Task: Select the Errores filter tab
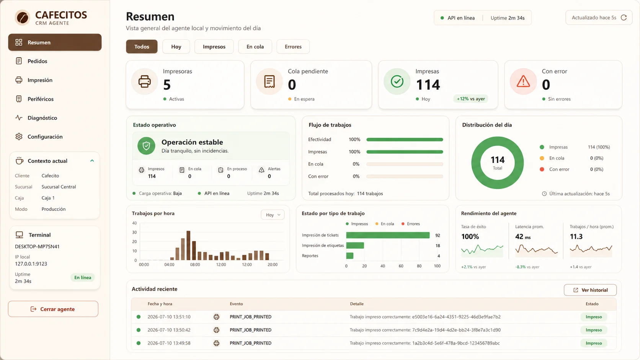[293, 47]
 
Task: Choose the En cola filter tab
[255, 47]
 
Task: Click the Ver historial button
[590, 290]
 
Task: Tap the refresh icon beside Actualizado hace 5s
[624, 18]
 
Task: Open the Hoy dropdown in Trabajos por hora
[273, 215]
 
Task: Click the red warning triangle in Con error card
[523, 81]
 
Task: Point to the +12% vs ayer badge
[470, 99]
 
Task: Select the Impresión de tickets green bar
[388, 235]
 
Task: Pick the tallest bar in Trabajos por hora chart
[188, 245]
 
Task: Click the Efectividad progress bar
[405, 140]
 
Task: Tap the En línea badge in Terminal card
[83, 277]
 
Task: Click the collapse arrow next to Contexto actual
[92, 161]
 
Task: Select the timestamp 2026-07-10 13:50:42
[169, 330]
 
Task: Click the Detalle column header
[357, 304]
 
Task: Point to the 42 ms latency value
[523, 237]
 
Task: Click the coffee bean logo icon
[23, 18]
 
